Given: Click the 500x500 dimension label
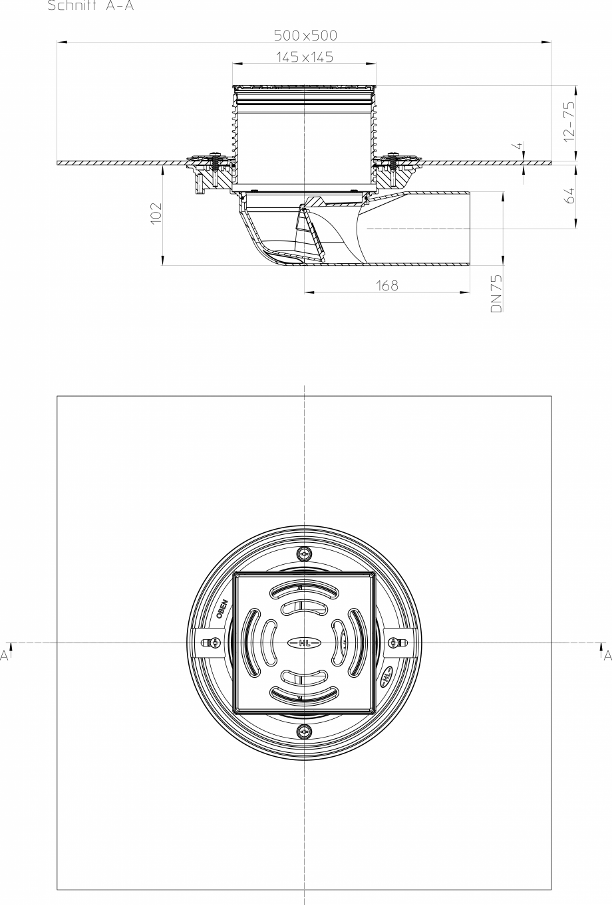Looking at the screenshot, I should click(x=305, y=35).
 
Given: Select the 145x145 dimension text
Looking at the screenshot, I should click(x=305, y=58).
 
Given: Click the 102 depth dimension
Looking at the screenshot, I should click(x=156, y=214).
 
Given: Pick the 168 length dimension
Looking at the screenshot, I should click(x=386, y=285).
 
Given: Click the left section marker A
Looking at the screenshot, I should click(x=5, y=655).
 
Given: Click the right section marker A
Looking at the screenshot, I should click(x=606, y=655).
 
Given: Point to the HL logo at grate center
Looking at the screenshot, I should click(x=305, y=643).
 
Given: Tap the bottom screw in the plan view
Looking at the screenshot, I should click(x=305, y=732).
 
